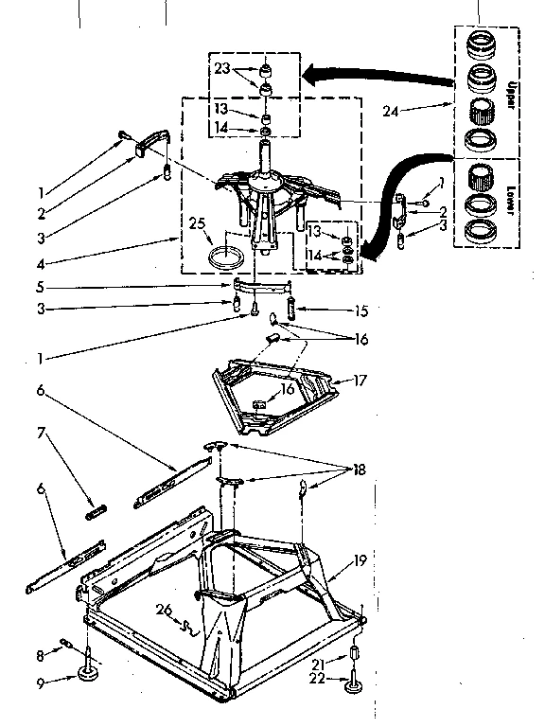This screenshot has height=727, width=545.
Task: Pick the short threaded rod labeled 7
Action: click(95, 512)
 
